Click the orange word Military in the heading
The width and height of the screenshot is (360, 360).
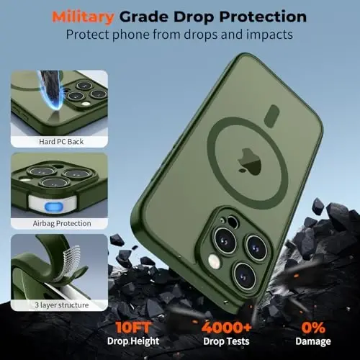point(83,17)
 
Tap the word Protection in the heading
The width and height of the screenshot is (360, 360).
point(263,17)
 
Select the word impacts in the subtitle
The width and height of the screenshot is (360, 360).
point(269,35)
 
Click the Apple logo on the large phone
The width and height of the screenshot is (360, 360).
point(249,161)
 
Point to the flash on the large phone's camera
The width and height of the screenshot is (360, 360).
point(214,261)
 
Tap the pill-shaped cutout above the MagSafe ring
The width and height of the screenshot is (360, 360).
point(271,116)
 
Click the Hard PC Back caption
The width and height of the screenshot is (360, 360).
point(61,142)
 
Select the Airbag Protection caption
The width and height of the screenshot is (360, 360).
point(62,223)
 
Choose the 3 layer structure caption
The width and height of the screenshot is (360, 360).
point(62,305)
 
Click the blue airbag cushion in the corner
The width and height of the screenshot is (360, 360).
point(54,207)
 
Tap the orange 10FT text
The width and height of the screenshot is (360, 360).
point(132,327)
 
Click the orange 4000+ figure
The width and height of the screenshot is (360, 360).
point(226,327)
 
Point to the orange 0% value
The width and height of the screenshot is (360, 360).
point(313,327)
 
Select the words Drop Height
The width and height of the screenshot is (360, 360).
point(133,341)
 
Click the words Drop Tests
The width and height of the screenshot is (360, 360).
point(226,341)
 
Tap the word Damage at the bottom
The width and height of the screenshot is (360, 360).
point(313,342)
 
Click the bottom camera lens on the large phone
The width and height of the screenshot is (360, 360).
point(244,275)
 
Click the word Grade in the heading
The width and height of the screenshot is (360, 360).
point(144,17)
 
